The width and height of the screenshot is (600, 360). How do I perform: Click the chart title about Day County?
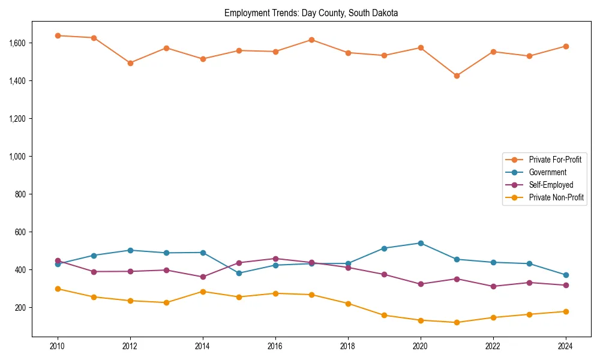pos(311,13)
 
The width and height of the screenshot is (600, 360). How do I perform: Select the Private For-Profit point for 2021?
pos(457,76)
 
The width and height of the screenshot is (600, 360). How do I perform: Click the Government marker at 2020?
pos(421,243)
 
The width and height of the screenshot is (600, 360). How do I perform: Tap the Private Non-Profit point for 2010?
pos(58,289)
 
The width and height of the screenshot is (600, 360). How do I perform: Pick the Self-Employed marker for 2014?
pos(203,277)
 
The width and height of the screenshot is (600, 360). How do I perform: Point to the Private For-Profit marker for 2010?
pos(58,35)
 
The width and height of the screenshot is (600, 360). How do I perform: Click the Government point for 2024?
pos(566,275)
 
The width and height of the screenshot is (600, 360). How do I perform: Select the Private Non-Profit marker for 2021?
pos(457,322)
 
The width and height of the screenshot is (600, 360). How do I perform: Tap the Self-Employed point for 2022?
pos(493,286)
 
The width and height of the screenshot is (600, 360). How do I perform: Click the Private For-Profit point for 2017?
pos(311,40)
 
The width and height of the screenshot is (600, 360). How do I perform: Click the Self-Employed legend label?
pos(551,185)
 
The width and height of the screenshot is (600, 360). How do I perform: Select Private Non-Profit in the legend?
pos(556,197)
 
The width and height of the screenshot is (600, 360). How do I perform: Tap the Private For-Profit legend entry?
pos(554,160)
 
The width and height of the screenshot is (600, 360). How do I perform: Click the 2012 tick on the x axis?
pos(130,346)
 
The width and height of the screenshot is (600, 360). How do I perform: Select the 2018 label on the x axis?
pos(348,346)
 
